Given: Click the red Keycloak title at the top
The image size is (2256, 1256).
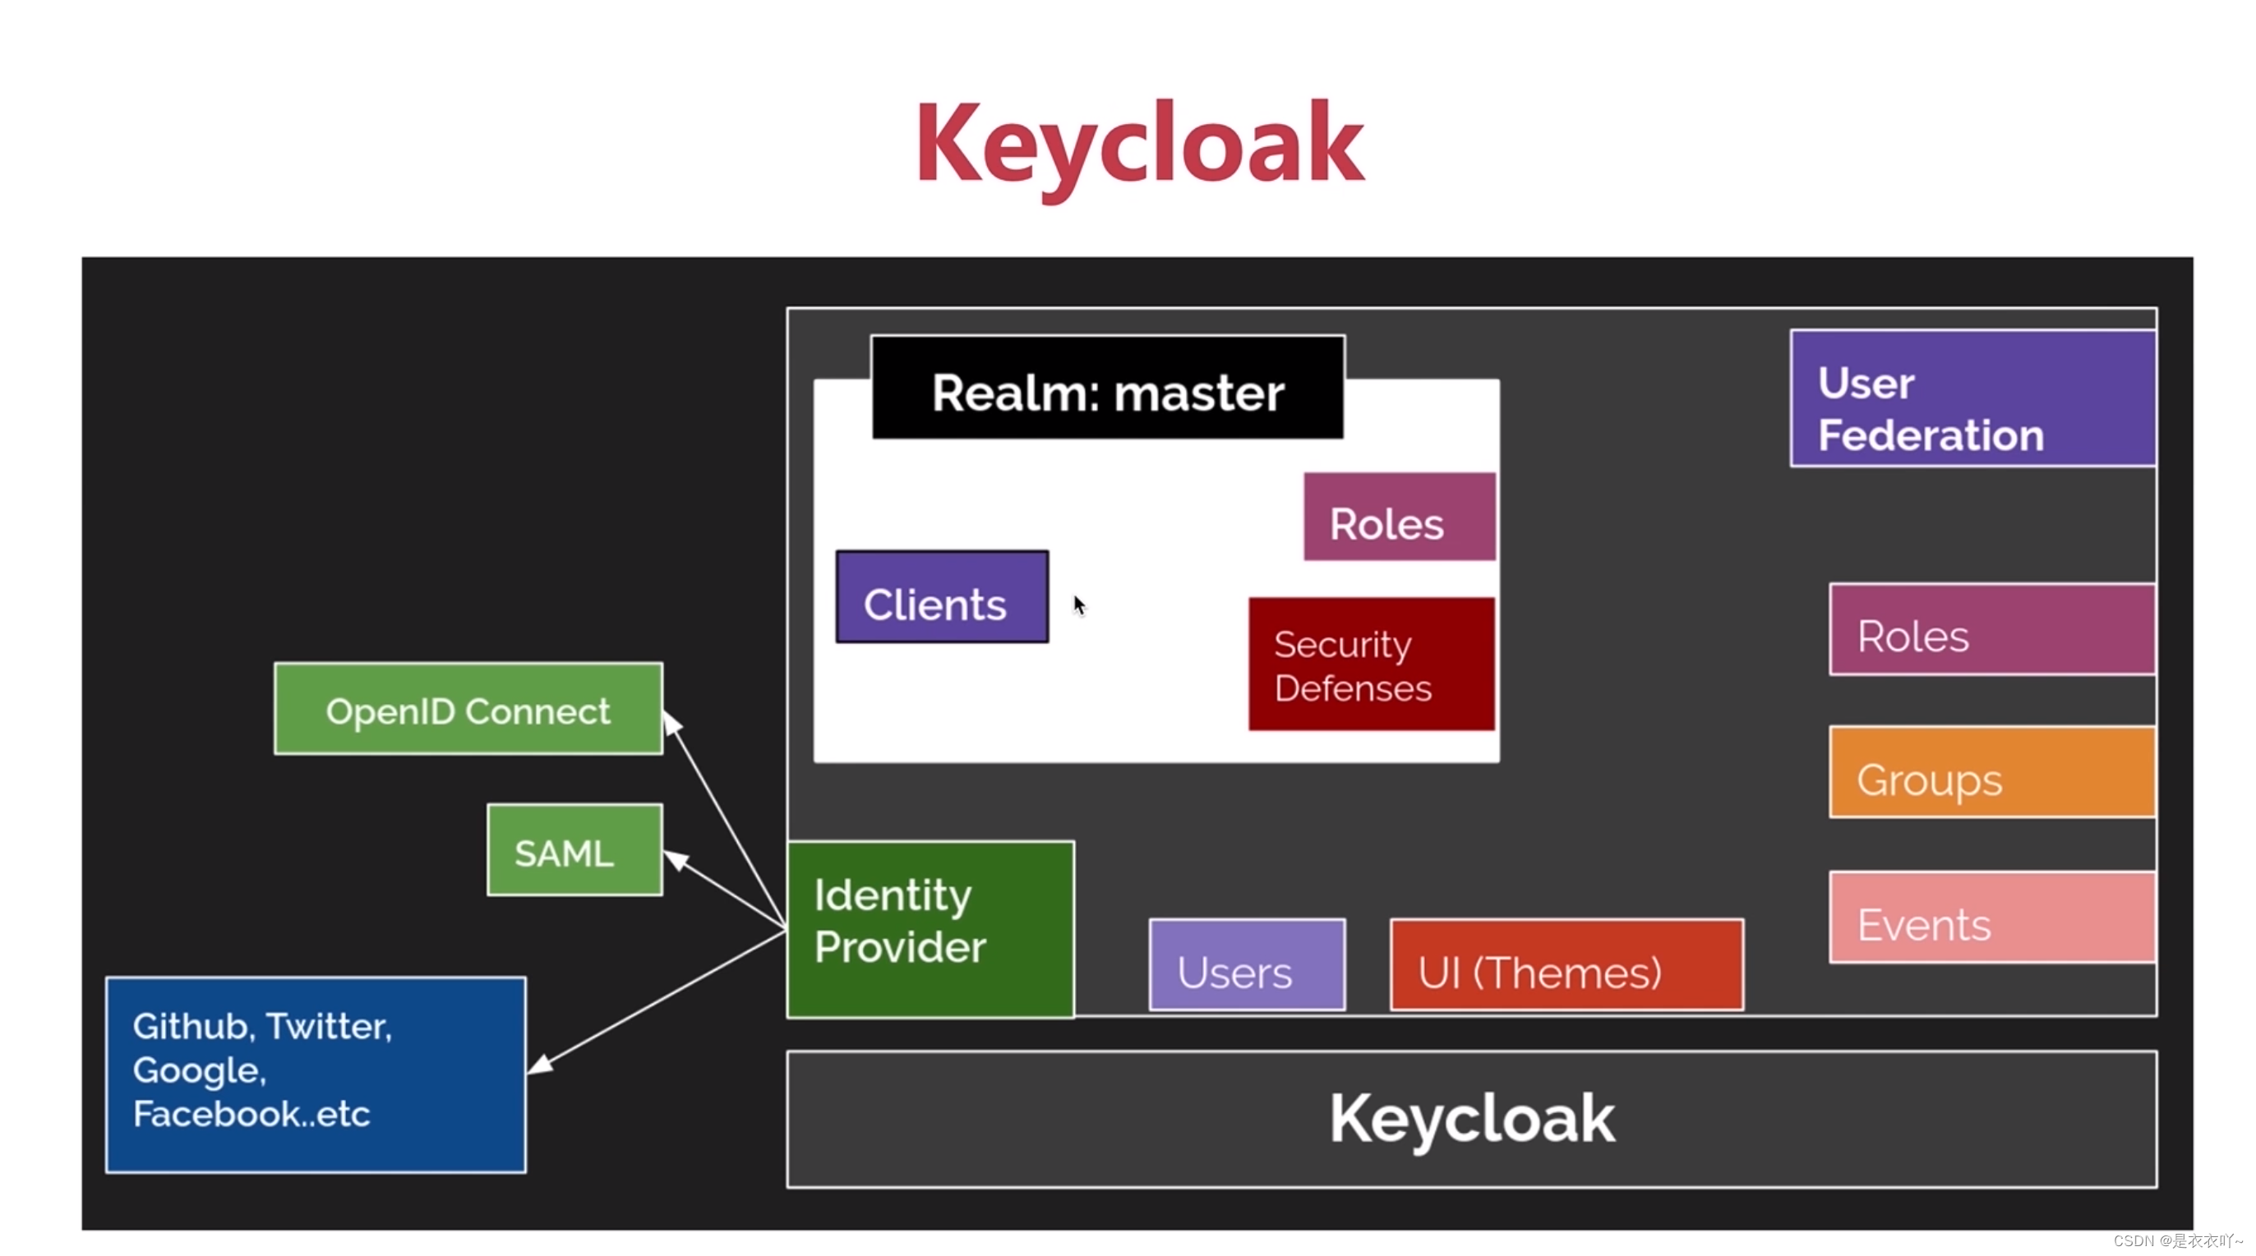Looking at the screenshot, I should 1138,145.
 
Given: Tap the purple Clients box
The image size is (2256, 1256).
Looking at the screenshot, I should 942,597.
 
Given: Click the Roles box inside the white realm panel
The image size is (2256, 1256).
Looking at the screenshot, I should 1399,518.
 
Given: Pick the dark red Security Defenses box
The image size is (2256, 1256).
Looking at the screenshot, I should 1371,665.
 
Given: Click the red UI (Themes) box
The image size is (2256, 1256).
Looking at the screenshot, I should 1566,964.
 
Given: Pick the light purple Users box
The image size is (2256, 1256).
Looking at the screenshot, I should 1246,964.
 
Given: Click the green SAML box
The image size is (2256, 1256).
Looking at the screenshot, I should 574,850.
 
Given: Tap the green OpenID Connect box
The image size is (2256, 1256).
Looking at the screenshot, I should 468,709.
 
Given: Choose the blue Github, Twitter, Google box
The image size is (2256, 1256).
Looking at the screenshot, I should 316,1074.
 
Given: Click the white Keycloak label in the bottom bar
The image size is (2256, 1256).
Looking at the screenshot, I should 1471,1119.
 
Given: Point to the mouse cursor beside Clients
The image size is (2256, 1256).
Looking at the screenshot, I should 1078,604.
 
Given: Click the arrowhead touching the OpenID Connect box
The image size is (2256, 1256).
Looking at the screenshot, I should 671,724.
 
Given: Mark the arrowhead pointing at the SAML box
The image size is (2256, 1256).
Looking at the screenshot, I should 676,858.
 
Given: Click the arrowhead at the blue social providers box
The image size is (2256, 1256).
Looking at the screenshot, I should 539,1065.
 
